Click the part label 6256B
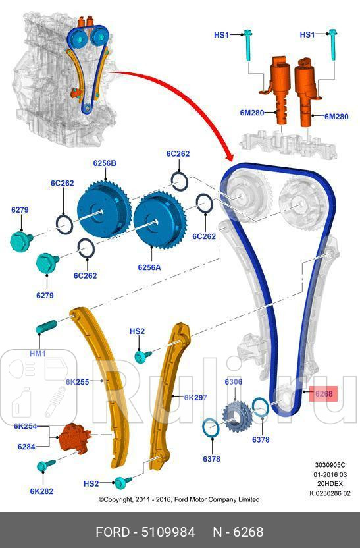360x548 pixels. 105,163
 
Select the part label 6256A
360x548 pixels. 149,267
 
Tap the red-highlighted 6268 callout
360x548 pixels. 324,394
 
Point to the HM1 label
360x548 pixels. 38,354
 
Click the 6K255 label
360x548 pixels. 77,382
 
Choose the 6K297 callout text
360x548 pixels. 195,397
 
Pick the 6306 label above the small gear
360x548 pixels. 233,381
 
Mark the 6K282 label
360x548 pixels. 41,491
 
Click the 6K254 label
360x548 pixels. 25,426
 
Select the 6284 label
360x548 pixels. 26,447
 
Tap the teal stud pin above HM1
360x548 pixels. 47,327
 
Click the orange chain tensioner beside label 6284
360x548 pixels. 74,437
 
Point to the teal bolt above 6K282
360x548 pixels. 46,465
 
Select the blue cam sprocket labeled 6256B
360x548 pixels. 103,209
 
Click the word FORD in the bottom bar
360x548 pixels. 113,532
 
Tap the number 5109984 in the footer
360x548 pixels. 168,532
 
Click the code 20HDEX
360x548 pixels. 330,483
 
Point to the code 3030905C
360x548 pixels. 330,465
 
